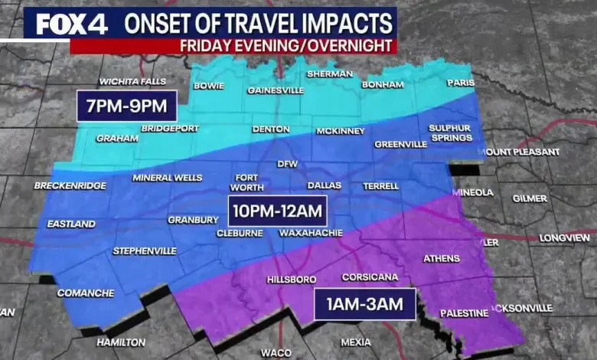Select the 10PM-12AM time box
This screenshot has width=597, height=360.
point(278,208)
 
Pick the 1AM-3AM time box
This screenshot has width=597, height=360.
point(364,304)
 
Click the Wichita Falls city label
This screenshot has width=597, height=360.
point(132,81)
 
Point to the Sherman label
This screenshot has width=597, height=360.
point(329,74)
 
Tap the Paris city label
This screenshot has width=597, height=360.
point(460,83)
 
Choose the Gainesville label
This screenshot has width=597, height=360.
point(276,90)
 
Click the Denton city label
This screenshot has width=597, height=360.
point(271,129)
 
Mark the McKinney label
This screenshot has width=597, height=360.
point(341,131)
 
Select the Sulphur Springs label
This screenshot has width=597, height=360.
point(449,133)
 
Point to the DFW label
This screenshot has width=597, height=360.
point(287,164)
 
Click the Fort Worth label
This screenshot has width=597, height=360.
point(249,182)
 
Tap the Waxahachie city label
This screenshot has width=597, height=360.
point(311,233)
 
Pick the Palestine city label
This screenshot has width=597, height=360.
point(464,313)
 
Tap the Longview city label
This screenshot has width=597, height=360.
point(564,238)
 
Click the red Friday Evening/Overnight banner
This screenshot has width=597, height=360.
point(287,46)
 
